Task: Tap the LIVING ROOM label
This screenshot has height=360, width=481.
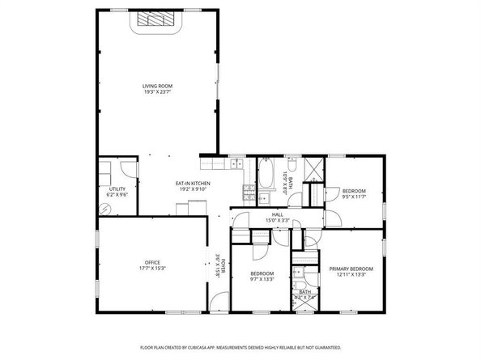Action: click(157, 86)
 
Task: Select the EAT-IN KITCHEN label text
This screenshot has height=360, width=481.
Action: click(193, 183)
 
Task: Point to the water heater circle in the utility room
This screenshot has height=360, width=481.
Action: click(104, 207)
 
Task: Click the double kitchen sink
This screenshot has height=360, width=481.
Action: click(236, 165)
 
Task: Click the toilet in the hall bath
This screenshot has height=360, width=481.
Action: click(293, 167)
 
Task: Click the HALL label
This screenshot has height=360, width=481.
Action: click(277, 214)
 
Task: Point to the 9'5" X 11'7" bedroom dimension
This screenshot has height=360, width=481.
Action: click(354, 196)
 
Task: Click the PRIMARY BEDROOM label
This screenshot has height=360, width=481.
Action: click(351, 268)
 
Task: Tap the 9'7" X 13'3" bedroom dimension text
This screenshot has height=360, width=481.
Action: click(262, 280)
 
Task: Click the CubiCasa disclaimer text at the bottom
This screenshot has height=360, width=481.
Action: click(240, 346)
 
